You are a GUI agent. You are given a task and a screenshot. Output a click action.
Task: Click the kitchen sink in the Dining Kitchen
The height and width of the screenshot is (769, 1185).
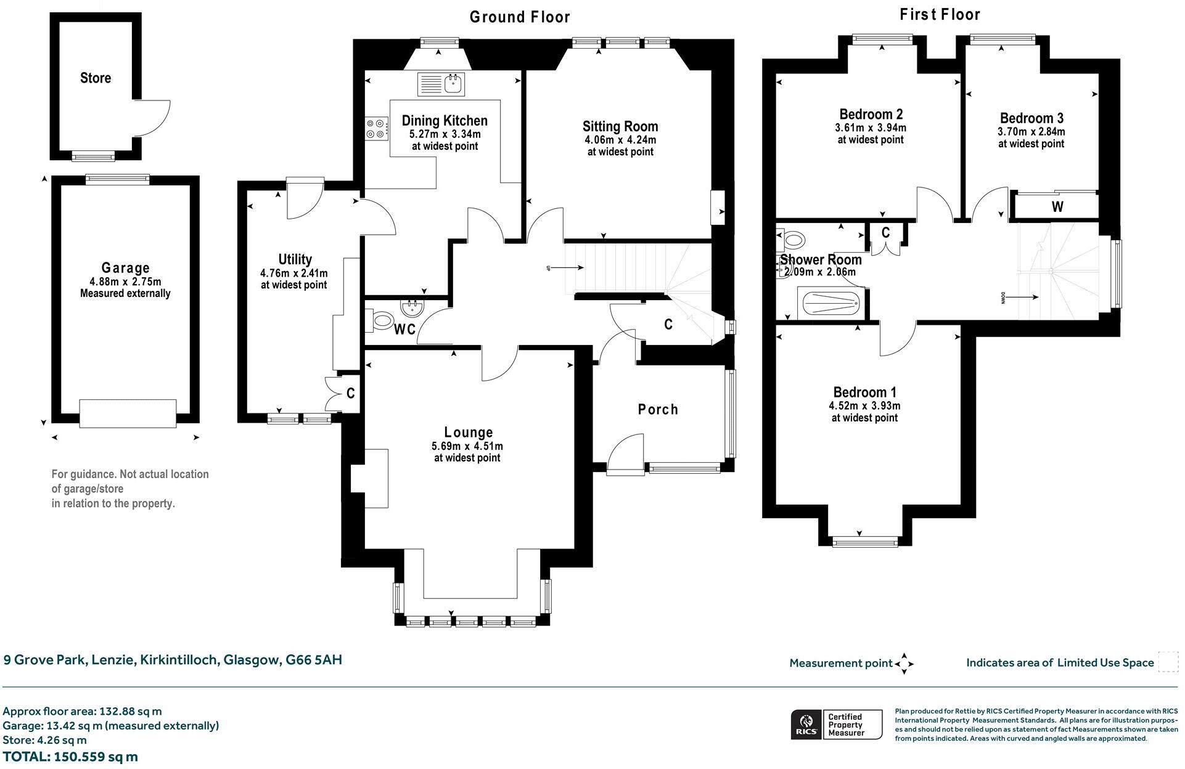442,84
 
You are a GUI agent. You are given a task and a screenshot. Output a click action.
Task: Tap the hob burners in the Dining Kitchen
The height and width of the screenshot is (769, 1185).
376,128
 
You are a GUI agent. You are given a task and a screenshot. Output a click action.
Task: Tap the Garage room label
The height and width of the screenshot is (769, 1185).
126,268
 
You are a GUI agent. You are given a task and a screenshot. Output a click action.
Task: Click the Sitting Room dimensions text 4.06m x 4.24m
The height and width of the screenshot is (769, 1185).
621,140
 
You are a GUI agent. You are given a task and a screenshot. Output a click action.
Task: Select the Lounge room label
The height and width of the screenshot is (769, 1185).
469,433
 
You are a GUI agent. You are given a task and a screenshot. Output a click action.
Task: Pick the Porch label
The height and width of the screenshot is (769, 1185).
658,410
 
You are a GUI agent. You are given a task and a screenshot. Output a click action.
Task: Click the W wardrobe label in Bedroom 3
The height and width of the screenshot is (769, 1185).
1057,207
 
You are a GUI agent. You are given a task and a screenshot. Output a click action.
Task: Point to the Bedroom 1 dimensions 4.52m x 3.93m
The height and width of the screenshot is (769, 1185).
864,406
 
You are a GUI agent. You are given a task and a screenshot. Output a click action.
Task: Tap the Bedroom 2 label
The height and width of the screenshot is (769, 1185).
871,114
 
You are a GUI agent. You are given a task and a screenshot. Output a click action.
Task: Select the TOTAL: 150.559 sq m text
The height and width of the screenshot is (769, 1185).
70,757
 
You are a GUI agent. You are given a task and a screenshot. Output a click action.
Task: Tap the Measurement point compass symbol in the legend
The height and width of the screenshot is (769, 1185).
904,664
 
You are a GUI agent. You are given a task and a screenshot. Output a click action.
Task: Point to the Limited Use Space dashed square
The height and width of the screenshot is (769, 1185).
1168,662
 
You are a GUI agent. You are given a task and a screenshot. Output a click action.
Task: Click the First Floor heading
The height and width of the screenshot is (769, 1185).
940,14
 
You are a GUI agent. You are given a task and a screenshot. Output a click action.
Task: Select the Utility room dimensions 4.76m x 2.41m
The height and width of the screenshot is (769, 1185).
294,273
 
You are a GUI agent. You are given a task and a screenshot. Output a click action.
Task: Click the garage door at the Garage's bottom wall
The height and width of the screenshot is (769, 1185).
128,412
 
